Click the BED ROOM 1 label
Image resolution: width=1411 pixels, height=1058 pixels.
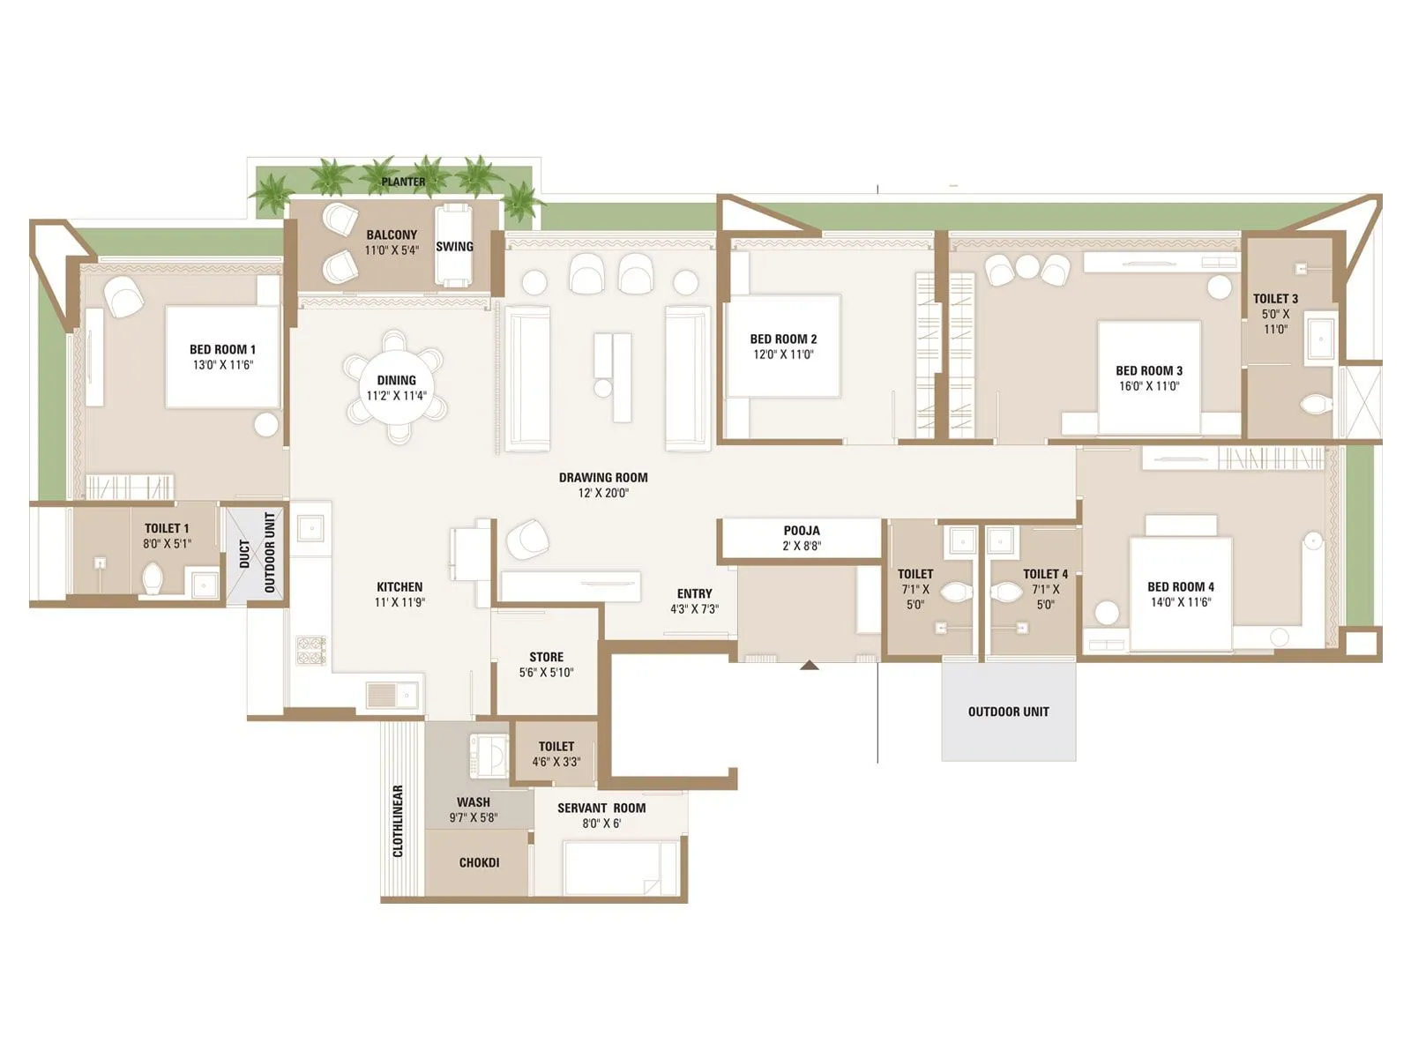[222, 349]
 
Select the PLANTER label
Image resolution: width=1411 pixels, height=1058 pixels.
[403, 182]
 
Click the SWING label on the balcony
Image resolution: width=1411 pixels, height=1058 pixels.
[454, 247]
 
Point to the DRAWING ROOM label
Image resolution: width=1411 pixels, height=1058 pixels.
[603, 478]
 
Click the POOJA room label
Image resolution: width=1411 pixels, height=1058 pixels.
[802, 531]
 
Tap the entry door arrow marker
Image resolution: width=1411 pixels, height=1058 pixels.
[810, 666]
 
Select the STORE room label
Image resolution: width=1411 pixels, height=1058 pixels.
[546, 657]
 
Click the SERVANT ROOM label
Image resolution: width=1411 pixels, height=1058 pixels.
[601, 808]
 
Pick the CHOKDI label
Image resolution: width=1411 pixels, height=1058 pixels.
[479, 862]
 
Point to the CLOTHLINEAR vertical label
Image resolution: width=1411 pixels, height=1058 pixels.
[398, 821]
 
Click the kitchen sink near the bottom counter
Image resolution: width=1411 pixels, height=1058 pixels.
[393, 695]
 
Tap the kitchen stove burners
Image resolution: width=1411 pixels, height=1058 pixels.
[311, 650]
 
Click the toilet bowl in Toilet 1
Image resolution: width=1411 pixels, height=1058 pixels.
[153, 579]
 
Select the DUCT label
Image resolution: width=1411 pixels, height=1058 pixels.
[244, 555]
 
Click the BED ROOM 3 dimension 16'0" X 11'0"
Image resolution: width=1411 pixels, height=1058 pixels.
[1148, 386]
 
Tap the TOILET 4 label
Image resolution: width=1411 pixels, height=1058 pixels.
[1045, 574]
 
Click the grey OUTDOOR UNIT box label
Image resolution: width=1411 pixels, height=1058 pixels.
[1008, 712]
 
